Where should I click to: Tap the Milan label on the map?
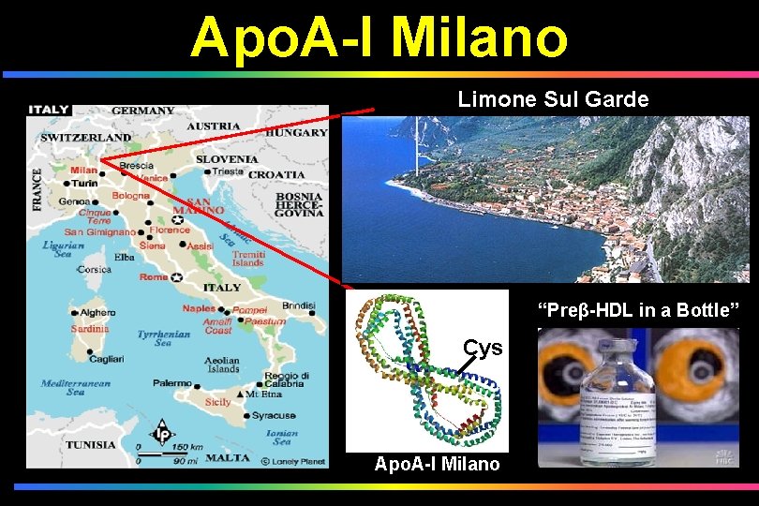[x=83, y=170]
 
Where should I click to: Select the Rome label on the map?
[x=154, y=277]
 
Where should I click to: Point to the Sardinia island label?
[x=90, y=329]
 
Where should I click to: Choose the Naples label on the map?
[x=199, y=308]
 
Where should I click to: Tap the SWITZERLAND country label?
[x=85, y=138]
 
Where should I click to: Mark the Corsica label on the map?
[x=94, y=269]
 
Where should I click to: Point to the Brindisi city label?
[x=298, y=305]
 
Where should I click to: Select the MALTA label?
[x=228, y=458]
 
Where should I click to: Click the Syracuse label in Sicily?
[x=274, y=415]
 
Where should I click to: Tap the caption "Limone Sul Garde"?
[x=553, y=99]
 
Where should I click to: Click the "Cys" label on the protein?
[x=484, y=349]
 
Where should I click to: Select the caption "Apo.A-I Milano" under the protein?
[x=437, y=464]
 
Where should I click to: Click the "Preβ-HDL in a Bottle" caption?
[x=637, y=310]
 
